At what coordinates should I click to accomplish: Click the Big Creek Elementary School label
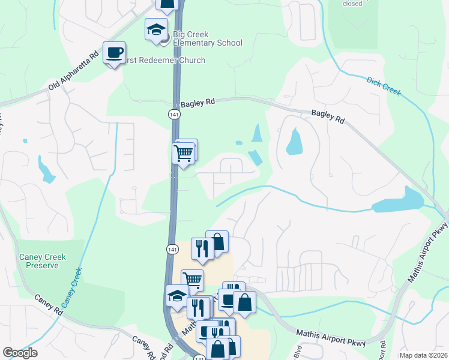point(207,38)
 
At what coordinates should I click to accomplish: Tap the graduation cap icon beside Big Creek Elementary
point(156,30)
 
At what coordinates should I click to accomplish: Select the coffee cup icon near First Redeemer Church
point(114,53)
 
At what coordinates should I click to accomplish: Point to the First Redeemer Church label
point(165,61)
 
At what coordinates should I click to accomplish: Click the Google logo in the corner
point(20,353)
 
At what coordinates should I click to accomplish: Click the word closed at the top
point(352,4)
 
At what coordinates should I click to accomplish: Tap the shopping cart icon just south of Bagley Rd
point(183,153)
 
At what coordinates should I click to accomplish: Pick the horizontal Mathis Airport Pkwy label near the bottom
point(331,338)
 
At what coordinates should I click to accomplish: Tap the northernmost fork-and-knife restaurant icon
point(202,249)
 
